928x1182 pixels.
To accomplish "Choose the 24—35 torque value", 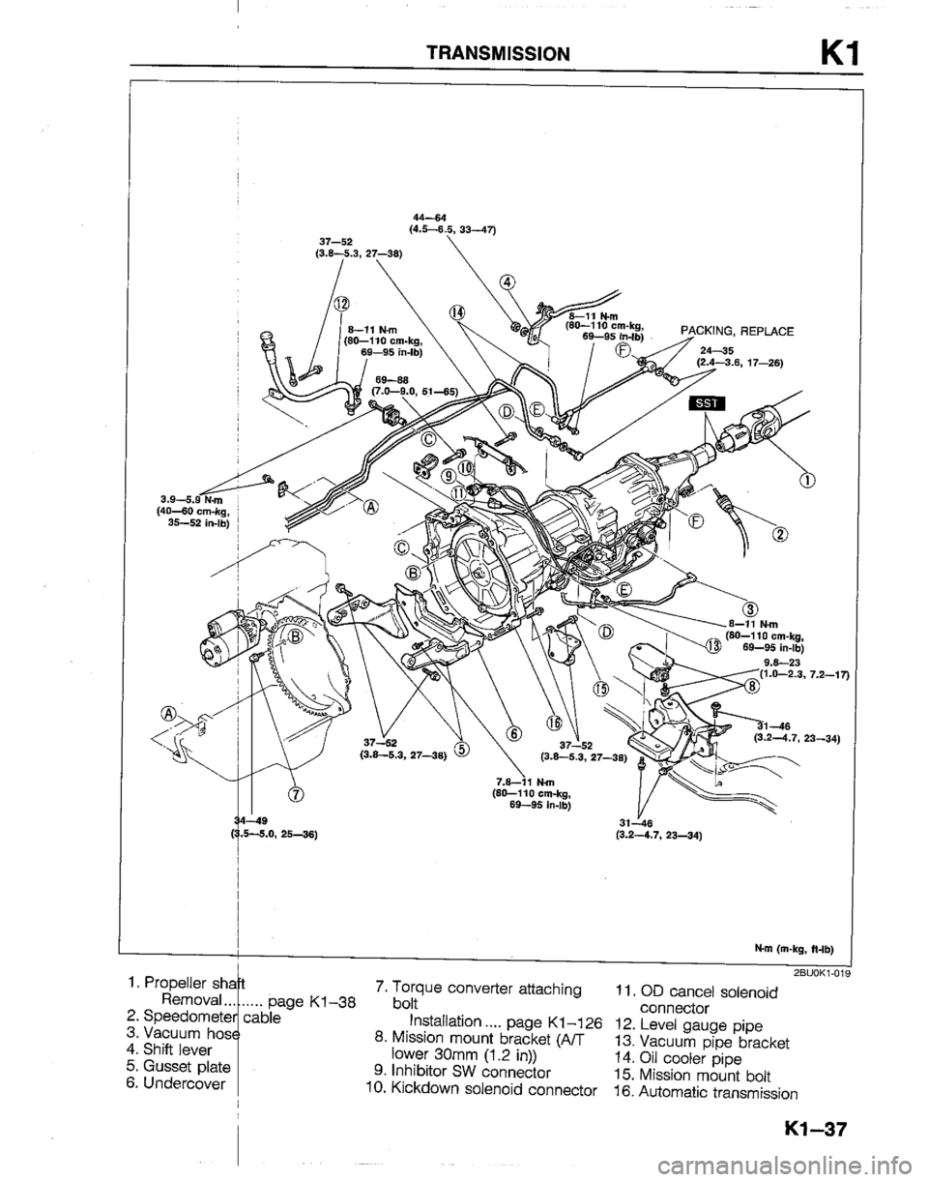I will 720,351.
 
